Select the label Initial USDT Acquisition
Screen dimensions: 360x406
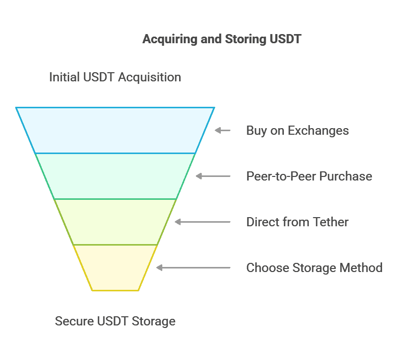point(115,77)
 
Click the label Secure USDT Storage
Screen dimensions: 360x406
point(115,321)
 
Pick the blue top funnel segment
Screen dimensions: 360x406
point(115,130)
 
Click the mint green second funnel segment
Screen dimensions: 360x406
point(115,176)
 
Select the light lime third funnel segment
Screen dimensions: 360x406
point(115,222)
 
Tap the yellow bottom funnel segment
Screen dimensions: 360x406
point(115,267)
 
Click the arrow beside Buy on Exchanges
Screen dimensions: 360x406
point(222,130)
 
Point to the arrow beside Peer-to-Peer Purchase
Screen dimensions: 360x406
point(213,176)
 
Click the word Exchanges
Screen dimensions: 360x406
point(318,131)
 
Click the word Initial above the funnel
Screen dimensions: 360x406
point(64,77)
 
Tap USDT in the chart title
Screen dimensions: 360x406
point(285,39)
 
